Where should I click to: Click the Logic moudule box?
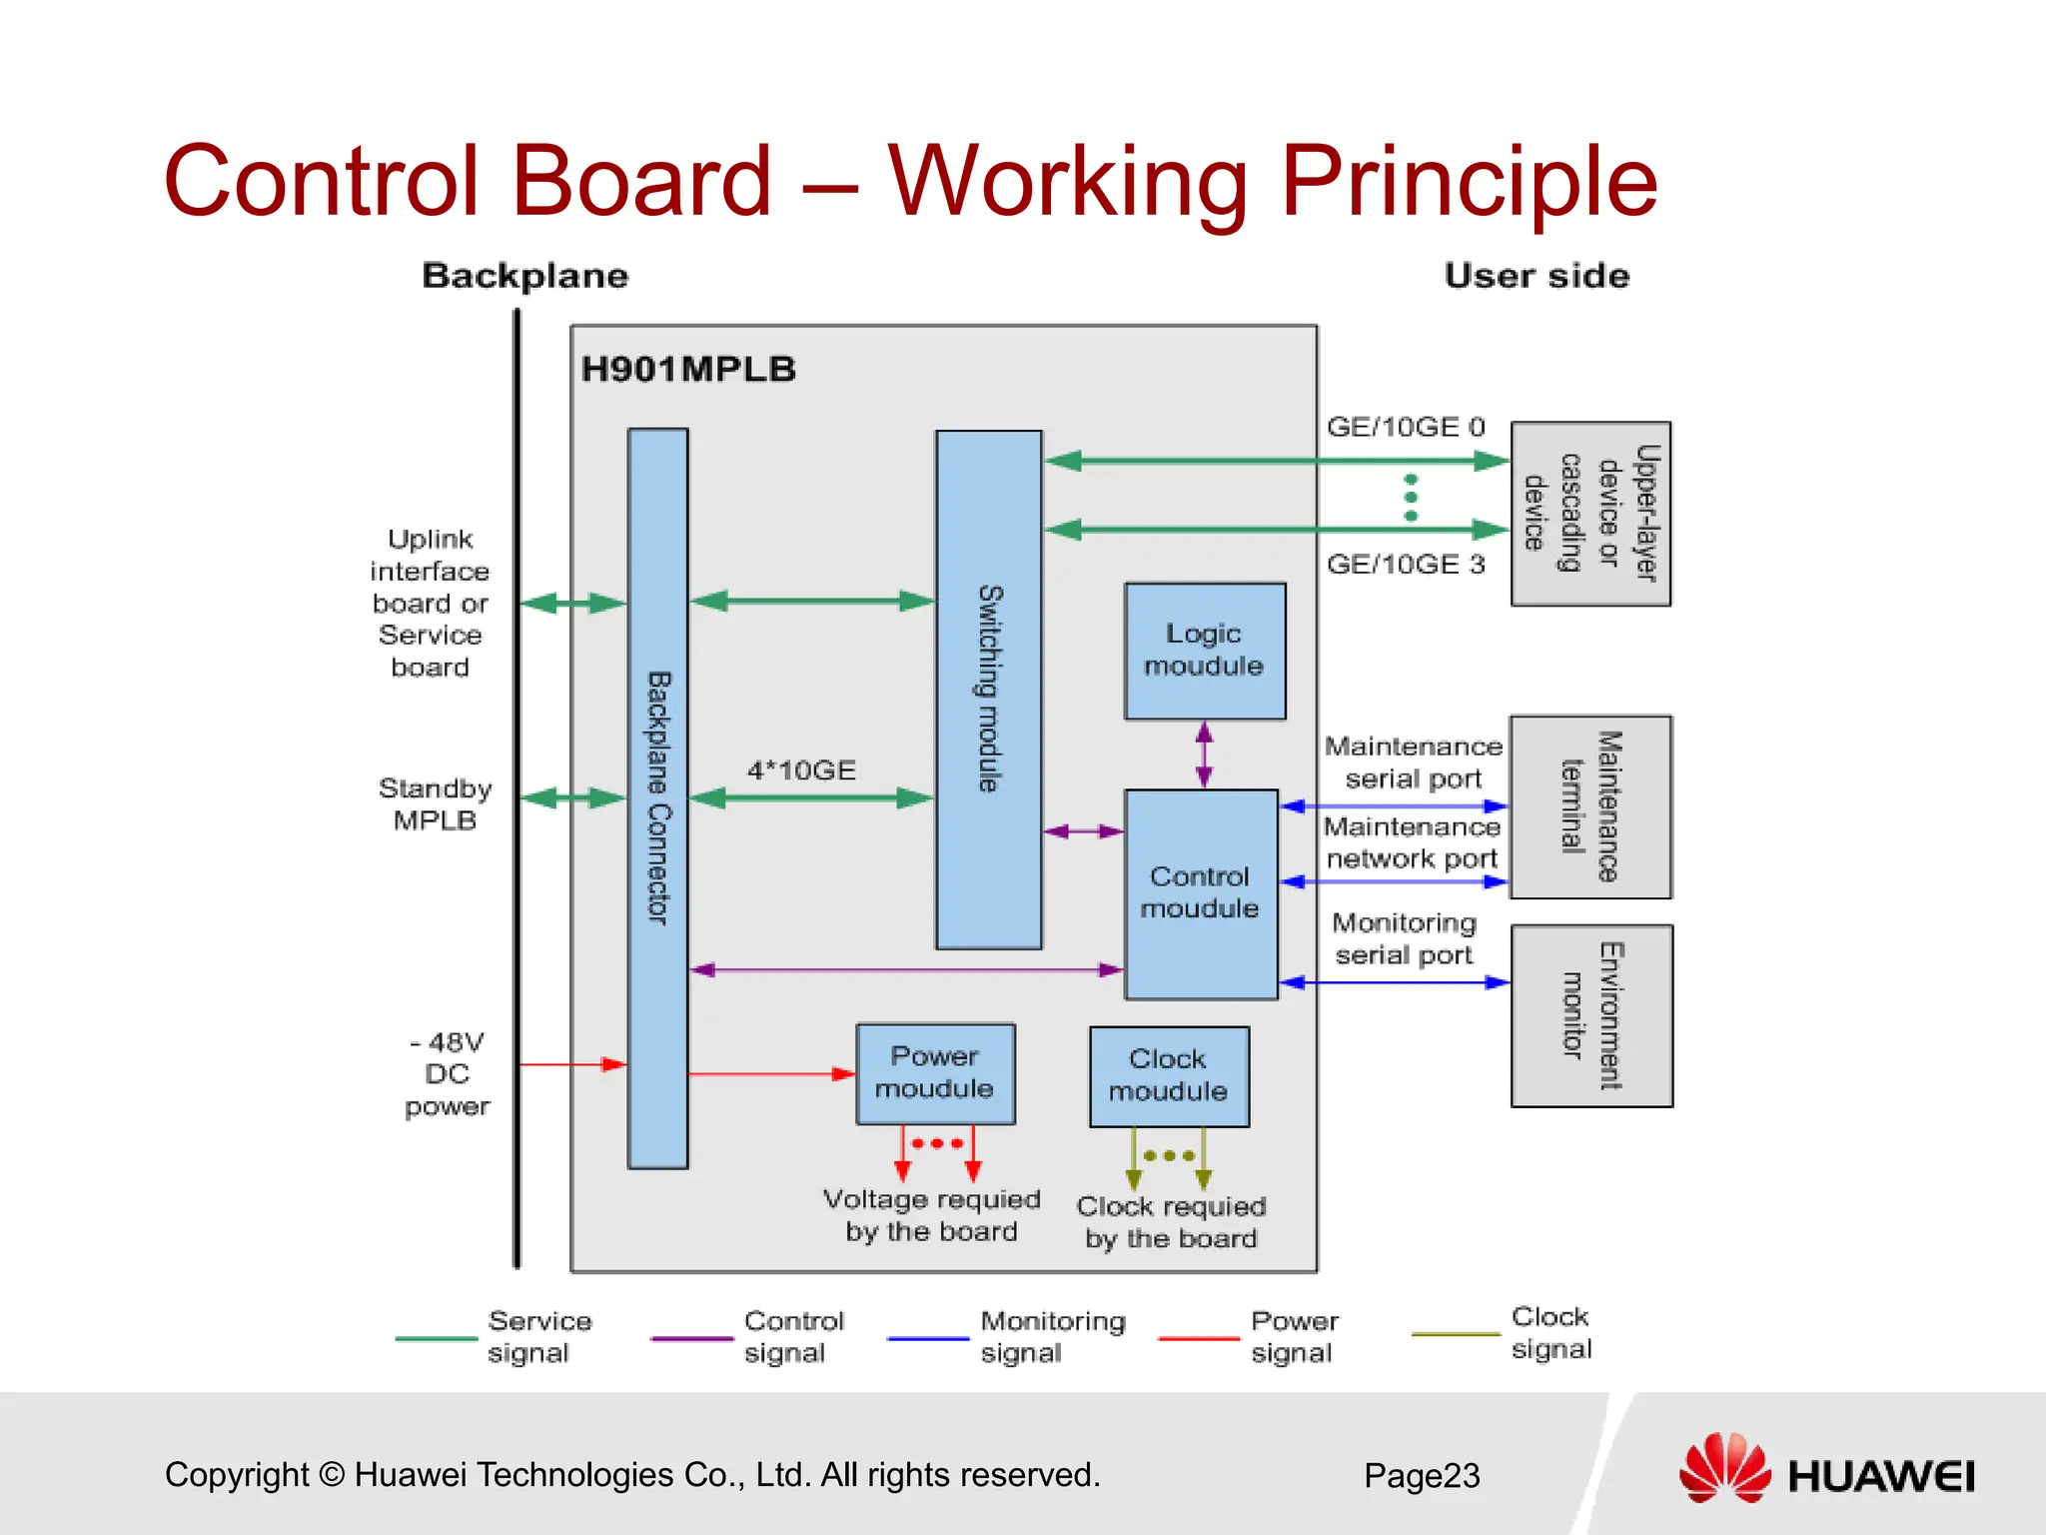pos(1204,651)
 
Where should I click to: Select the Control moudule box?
pos(1201,893)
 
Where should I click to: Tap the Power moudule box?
pos(935,1073)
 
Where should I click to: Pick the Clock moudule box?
pos(1169,1076)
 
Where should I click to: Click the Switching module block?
pos(988,690)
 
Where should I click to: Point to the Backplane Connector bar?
pos(657,797)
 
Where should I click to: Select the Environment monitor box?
pos(1590,1015)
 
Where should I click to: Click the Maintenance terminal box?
pos(1590,806)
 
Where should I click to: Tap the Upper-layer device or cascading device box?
pos(1590,514)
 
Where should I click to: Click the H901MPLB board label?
pos(688,370)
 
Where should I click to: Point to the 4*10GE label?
pos(801,770)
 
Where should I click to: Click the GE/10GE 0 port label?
pos(1406,428)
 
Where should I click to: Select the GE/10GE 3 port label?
pos(1406,565)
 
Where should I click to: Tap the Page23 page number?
pos(1422,1476)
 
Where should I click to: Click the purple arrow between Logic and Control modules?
pos(1204,755)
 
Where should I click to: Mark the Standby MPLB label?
pos(435,804)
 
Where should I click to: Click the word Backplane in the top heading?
pos(525,276)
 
